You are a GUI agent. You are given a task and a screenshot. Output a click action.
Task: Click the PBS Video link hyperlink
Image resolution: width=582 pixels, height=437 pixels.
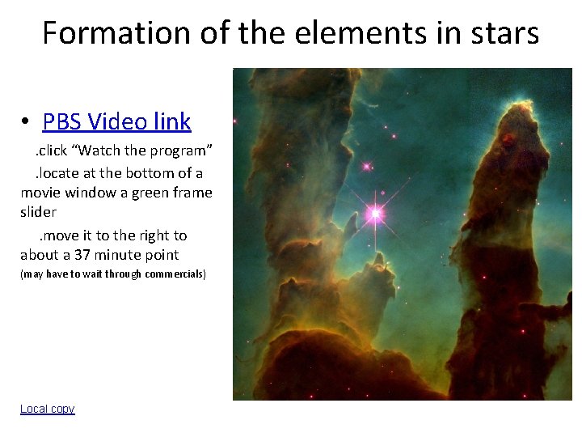coord(116,121)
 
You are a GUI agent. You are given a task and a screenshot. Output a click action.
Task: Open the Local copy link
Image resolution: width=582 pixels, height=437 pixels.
coord(47,409)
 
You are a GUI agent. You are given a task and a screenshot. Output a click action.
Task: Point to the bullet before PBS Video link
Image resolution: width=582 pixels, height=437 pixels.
coord(27,122)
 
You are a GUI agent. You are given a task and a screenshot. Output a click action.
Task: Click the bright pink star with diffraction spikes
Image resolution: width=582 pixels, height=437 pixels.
coord(375,214)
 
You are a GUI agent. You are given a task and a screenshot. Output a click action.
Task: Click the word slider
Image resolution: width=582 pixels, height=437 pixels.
coord(38,212)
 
